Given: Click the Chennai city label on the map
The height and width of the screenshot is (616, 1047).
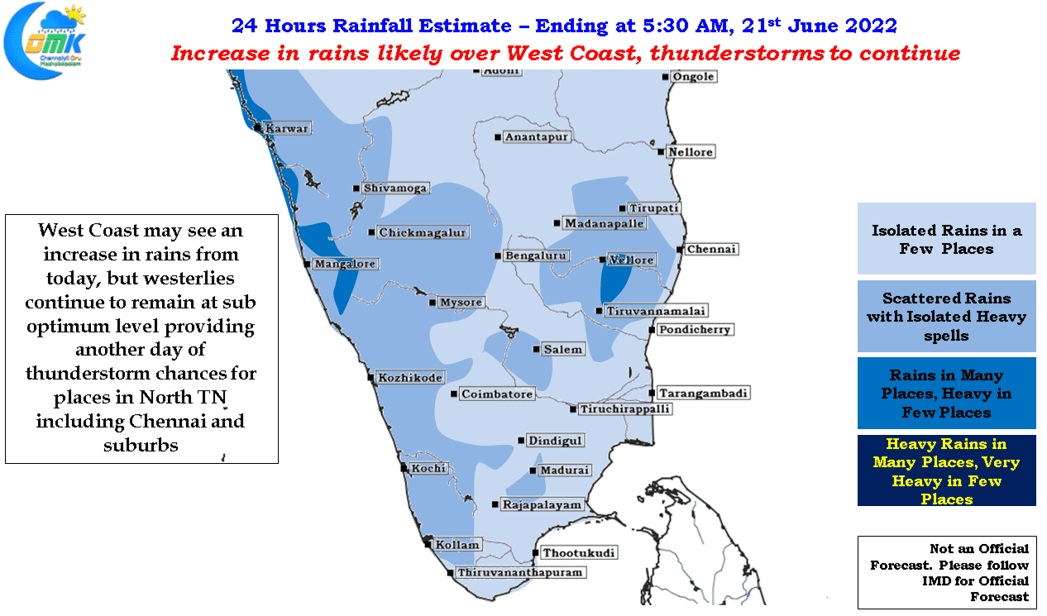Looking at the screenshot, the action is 711,249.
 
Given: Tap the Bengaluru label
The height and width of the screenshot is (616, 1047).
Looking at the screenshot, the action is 536,255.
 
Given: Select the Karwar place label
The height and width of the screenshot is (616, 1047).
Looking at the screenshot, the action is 287,128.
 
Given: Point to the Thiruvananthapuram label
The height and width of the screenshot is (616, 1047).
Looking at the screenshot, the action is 520,572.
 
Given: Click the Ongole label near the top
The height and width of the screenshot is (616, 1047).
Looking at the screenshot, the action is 694,77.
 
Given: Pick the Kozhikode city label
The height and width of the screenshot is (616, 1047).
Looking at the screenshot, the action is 410,377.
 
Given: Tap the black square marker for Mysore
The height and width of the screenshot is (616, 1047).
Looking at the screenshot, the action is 433,303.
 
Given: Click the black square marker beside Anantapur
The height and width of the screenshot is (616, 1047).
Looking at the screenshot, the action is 497,137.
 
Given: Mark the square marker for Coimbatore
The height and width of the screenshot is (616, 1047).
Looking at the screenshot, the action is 453,394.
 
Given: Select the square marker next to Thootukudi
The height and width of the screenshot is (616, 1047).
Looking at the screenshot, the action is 535,553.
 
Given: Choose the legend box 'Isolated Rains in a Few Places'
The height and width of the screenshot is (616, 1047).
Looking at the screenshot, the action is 946,238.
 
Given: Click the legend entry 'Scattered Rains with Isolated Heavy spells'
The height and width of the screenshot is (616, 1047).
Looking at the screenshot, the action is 946,317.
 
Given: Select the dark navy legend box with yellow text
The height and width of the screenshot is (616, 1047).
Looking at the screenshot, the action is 946,470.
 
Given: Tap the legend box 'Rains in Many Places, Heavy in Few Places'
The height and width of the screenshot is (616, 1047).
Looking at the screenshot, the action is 946,393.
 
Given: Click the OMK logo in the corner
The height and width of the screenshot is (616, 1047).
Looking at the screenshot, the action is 45,41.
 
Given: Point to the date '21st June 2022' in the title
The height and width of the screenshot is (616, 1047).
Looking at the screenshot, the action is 819,26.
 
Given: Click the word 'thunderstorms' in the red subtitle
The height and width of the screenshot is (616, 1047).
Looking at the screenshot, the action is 737,53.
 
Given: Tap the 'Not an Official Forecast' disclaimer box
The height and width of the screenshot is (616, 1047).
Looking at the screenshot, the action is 947,572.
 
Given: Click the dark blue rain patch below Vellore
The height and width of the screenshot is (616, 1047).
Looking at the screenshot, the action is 614,281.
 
